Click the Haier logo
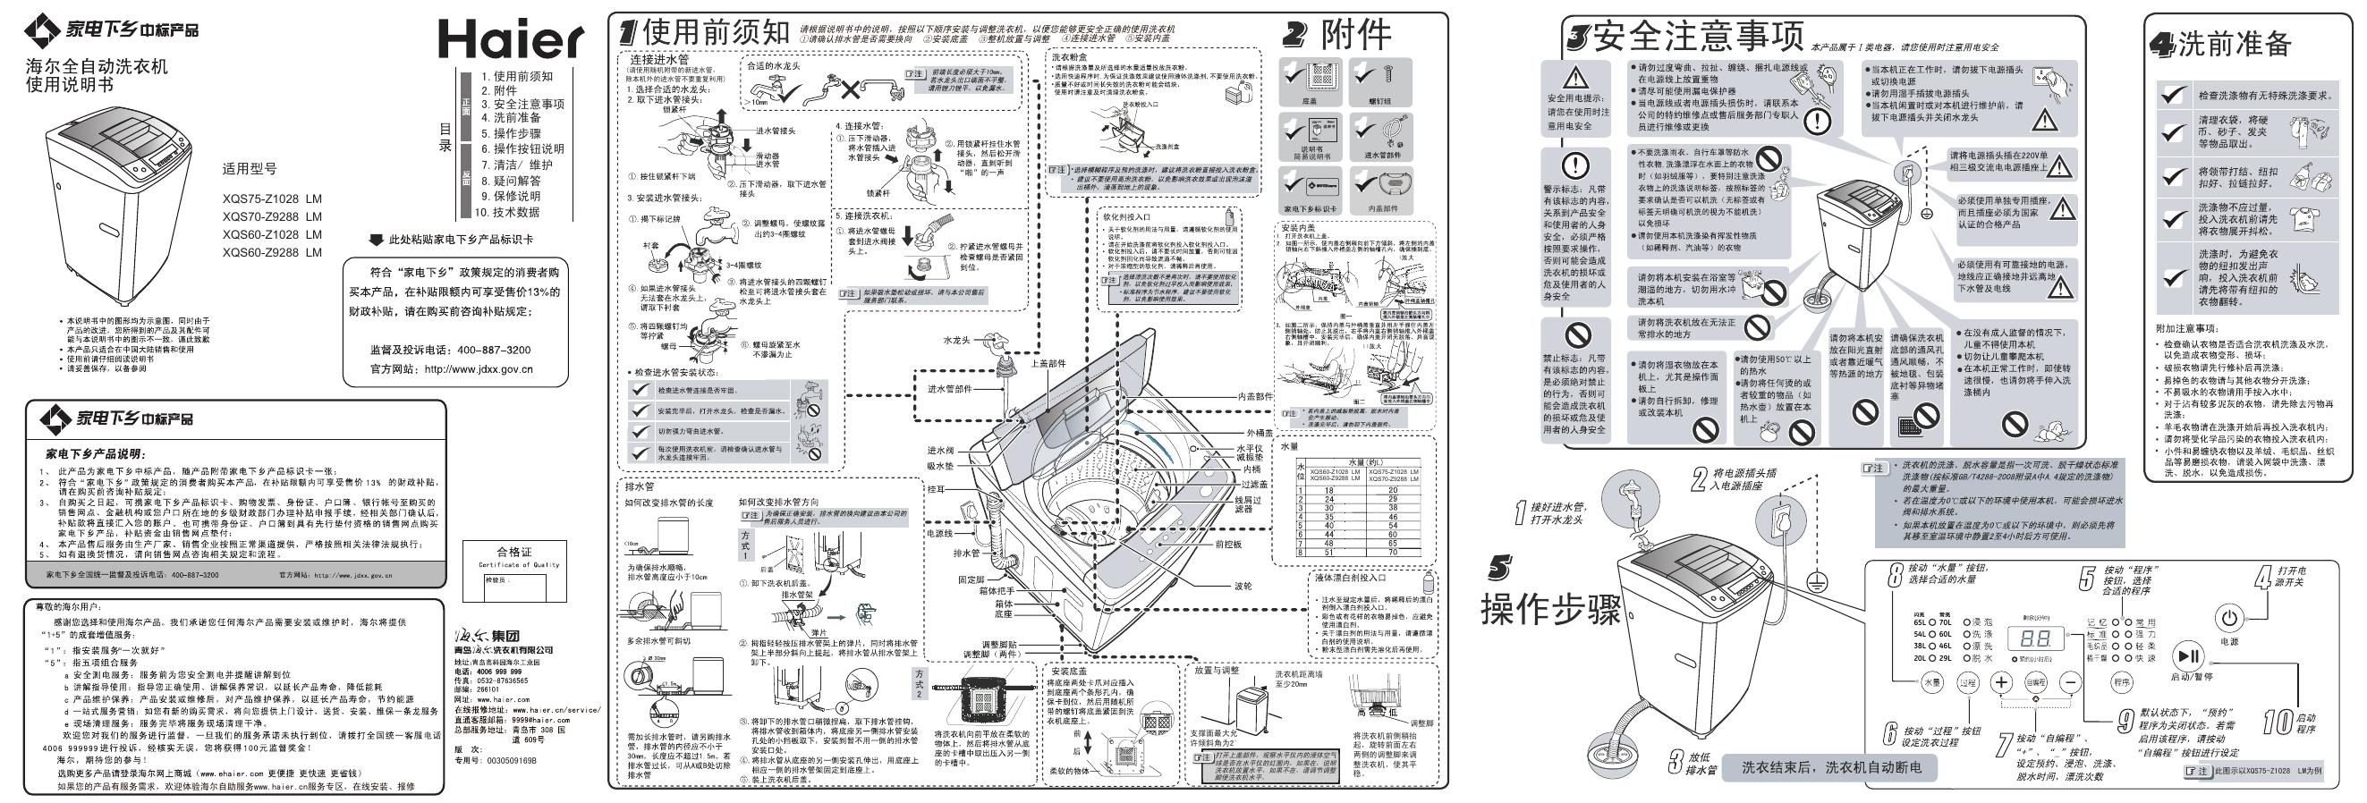[x=510, y=38]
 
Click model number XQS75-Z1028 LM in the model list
[x=272, y=199]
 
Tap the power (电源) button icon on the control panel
[x=2229, y=617]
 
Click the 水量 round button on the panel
[x=1927, y=682]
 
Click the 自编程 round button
[x=2035, y=682]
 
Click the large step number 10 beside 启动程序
[x=2276, y=723]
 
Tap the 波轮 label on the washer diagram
[x=1243, y=585]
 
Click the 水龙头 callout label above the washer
[x=956, y=340]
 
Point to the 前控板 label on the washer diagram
[x=1228, y=544]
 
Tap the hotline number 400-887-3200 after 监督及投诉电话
[x=494, y=350]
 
